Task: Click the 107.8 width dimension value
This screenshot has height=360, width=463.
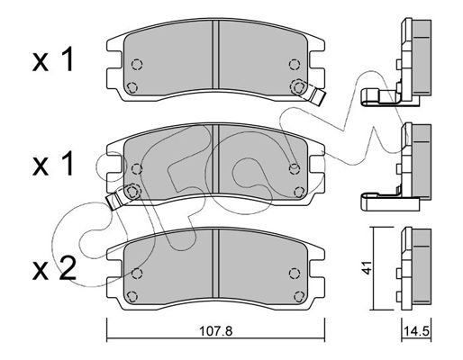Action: coord(216,331)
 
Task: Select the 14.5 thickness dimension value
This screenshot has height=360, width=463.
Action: coord(416,331)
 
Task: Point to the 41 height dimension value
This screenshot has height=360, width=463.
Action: coord(367,267)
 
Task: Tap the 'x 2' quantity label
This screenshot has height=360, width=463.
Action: coord(54,269)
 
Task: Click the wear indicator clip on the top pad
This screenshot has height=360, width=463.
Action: coord(318,96)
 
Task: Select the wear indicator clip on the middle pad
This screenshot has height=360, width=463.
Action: coord(114,201)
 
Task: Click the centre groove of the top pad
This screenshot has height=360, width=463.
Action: coord(215,55)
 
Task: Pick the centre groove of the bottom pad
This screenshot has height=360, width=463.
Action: coord(215,264)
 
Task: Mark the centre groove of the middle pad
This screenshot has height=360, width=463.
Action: coord(215,159)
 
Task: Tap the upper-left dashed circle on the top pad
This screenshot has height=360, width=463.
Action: coord(137,64)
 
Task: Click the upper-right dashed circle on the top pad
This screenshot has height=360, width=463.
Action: coord(295,64)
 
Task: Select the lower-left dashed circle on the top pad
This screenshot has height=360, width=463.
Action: coord(132,87)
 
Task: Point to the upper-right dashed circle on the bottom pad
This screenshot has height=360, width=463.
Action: coord(295,274)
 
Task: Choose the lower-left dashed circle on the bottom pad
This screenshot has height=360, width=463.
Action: coord(132,296)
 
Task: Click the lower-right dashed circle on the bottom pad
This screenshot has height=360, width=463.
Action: coord(299,296)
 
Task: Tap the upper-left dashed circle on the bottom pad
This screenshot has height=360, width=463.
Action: coord(137,274)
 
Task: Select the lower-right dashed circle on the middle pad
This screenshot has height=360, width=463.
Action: coord(299,192)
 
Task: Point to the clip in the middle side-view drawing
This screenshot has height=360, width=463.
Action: coord(390,202)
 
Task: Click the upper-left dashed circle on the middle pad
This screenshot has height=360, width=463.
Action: coord(137,169)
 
